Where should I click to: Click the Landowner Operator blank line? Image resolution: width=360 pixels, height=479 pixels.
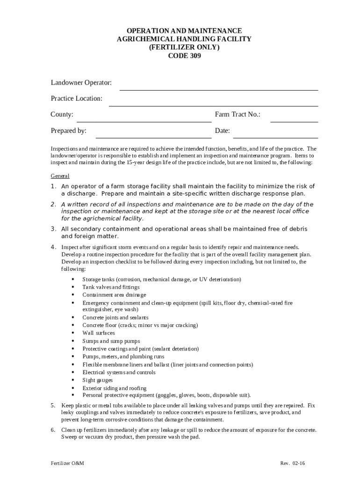[219, 89]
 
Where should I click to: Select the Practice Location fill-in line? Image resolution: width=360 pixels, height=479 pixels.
[213, 106]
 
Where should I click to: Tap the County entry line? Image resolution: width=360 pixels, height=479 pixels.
[144, 122]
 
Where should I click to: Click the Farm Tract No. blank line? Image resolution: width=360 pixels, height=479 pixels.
[294, 122]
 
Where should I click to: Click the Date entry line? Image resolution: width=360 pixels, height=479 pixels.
[275, 138]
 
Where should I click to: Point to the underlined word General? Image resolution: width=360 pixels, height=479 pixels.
[60, 176]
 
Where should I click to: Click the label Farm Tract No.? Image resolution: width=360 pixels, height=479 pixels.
[238, 115]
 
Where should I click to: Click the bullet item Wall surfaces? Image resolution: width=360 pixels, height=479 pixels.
[98, 333]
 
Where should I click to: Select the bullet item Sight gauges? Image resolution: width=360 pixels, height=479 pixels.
[97, 380]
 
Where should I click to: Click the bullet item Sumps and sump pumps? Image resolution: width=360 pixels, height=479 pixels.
[111, 341]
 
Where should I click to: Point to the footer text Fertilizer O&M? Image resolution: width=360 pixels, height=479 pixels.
[67, 463]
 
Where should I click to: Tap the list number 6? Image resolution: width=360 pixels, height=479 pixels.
[53, 429]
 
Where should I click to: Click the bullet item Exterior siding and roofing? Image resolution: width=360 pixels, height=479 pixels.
[114, 388]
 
